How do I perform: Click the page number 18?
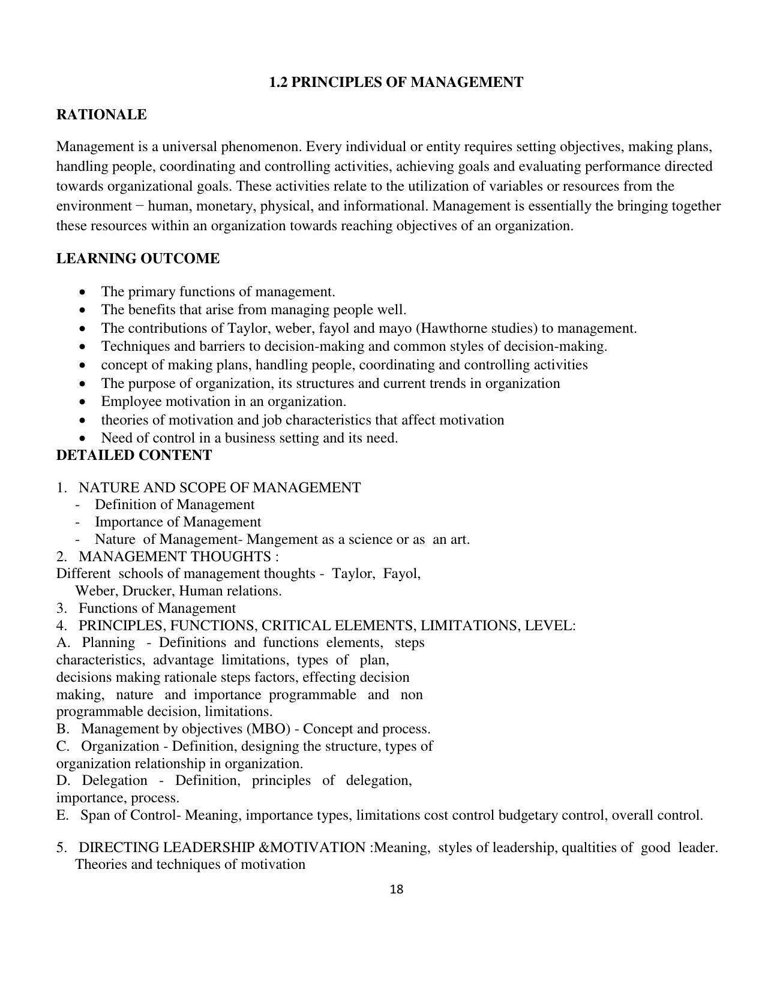[397, 889]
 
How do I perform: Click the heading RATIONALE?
[101, 115]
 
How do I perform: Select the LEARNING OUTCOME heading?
[138, 258]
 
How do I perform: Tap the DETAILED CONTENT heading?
[134, 455]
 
